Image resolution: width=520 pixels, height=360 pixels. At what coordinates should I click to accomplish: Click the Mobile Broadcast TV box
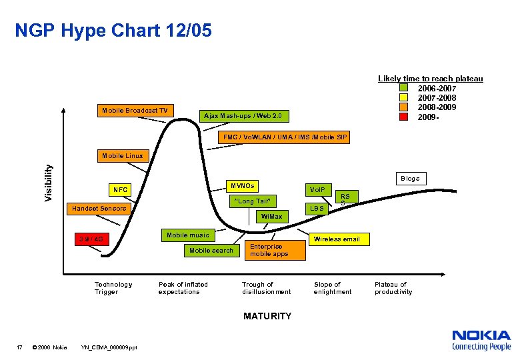click(x=135, y=110)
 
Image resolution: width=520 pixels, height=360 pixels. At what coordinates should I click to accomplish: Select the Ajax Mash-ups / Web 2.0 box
click(x=243, y=116)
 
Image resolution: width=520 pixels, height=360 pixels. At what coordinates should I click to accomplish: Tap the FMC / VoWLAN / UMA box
click(x=285, y=137)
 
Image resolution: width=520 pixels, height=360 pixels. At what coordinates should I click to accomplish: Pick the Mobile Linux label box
click(x=121, y=156)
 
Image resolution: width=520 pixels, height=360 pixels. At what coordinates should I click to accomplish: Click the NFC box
click(x=121, y=190)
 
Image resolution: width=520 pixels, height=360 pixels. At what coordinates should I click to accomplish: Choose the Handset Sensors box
click(x=99, y=209)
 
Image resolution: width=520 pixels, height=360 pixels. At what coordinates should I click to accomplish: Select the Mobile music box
click(x=187, y=235)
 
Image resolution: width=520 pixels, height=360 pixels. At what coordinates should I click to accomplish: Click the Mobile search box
click(x=211, y=251)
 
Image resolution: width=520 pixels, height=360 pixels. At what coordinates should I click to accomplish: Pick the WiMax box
click(x=271, y=217)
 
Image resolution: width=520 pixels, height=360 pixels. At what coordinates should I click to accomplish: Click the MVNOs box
click(x=242, y=185)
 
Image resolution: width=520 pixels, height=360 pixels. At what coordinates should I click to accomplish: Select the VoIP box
click(x=317, y=190)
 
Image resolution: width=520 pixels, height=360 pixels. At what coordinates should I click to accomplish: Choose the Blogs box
click(x=410, y=179)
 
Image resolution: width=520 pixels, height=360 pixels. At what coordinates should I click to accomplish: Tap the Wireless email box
click(x=336, y=239)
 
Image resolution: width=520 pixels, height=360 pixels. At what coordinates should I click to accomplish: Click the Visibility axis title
click(x=49, y=184)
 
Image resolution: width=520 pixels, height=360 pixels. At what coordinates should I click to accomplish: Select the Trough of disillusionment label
click(x=266, y=288)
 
